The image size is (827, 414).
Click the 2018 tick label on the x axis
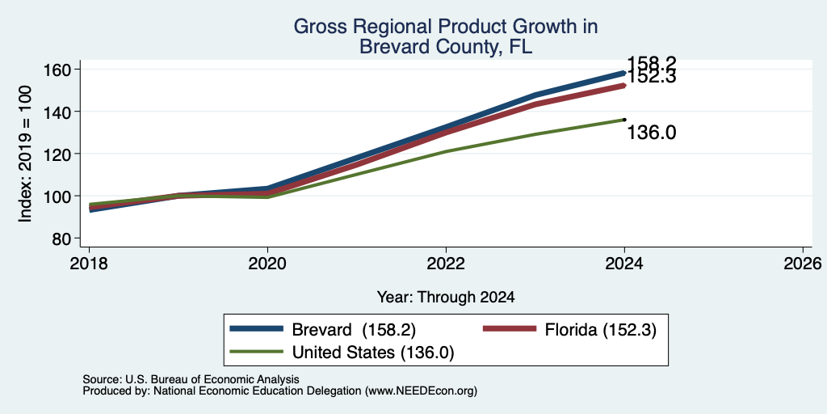(x=89, y=263)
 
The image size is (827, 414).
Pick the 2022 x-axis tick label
(x=446, y=263)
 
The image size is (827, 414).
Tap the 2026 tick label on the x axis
(x=803, y=263)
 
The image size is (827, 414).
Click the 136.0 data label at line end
(x=652, y=133)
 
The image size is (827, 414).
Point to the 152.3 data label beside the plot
(x=652, y=78)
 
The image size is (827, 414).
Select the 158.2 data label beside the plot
(x=652, y=63)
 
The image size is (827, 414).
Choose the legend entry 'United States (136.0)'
(x=373, y=353)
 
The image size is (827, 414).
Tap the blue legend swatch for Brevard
(x=257, y=329)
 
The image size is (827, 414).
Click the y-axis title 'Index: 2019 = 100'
(x=25, y=154)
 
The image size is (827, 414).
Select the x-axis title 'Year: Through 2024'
(x=446, y=298)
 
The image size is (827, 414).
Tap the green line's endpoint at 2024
(x=624, y=120)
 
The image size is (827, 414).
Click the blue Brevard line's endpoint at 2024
(x=624, y=73)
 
